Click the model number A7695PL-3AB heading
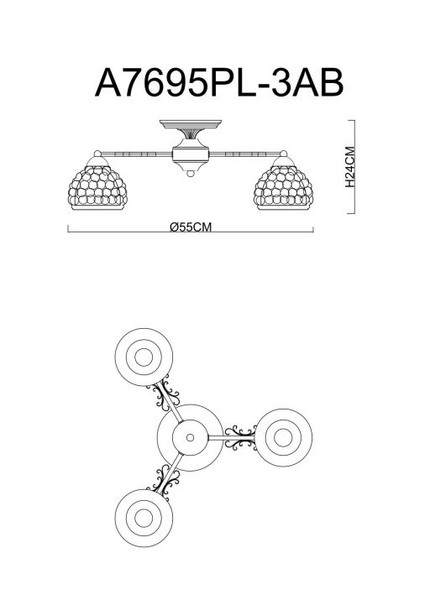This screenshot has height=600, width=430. pyautogui.click(x=219, y=83)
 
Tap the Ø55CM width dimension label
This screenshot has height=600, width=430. pyautogui.click(x=191, y=227)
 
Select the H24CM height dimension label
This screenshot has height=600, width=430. pyautogui.click(x=350, y=167)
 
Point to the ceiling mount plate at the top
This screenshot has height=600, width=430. pyautogui.click(x=191, y=123)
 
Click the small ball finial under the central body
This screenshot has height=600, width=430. pyautogui.click(x=191, y=174)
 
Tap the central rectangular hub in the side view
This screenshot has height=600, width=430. pyautogui.click(x=191, y=154)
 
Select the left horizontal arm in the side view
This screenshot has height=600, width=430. pyautogui.click(x=136, y=154)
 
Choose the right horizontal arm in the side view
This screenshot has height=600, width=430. pyautogui.click(x=244, y=154)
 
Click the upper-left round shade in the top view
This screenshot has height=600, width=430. pyautogui.click(x=144, y=357)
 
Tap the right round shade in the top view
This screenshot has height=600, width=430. pyautogui.click(x=283, y=438)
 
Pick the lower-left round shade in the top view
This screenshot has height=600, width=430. pyautogui.click(x=144, y=518)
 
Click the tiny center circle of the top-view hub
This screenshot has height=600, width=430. pyautogui.click(x=190, y=437)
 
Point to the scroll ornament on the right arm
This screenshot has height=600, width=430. pyautogui.click(x=240, y=437)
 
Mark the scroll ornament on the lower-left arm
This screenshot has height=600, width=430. pyautogui.click(x=164, y=483)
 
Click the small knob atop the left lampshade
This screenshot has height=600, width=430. pyautogui.click(x=97, y=154)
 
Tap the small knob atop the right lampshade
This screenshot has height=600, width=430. pyautogui.click(x=283, y=154)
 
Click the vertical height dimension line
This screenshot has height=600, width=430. pyautogui.click(x=354, y=166)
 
